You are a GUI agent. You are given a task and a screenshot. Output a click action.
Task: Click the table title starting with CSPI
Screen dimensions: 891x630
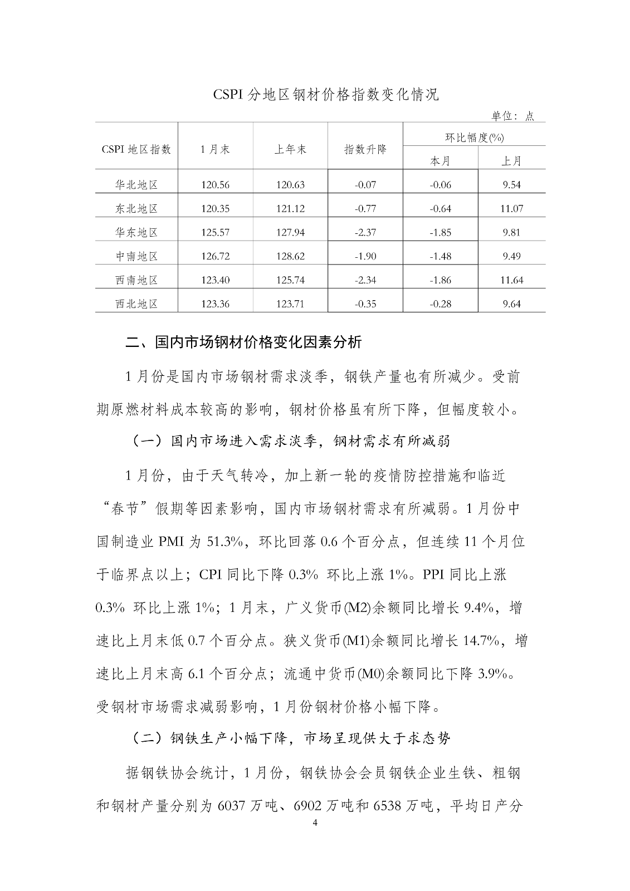coord(326,95)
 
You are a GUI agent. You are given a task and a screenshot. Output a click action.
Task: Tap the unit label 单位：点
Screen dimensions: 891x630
coord(512,116)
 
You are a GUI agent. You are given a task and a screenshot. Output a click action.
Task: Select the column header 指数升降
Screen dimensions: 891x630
coord(365,149)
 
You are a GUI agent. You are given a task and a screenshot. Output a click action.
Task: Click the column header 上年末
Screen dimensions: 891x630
coord(290,149)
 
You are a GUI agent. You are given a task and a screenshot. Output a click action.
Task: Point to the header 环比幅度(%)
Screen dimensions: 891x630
coord(474,137)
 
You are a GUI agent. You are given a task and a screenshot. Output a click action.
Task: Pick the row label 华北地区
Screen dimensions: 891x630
coord(136,185)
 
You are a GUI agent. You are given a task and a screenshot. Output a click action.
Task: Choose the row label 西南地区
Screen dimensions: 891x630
coord(136,280)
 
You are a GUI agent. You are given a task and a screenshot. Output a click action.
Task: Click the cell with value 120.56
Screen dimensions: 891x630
coord(216,185)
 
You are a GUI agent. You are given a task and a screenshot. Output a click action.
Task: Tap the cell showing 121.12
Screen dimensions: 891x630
coord(290,209)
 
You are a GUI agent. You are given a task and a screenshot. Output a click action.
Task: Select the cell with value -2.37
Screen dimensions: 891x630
coord(365,232)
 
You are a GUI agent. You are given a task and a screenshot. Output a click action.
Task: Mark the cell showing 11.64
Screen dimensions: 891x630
coord(511,280)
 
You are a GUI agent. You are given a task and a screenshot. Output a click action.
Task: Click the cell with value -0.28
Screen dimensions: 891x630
coord(440,304)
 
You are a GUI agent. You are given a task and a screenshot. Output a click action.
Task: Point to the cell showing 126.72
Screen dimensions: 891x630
coord(216,256)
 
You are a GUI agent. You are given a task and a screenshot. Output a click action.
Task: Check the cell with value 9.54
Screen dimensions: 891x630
coord(511,185)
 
